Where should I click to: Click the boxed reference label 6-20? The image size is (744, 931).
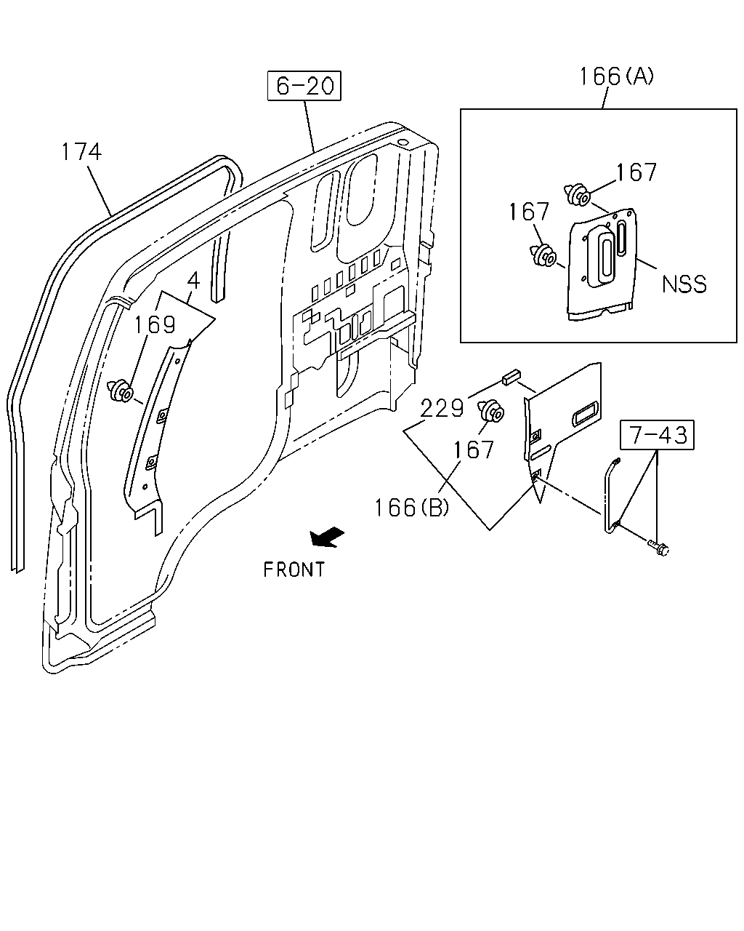(304, 86)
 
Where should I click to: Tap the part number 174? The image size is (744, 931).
(81, 152)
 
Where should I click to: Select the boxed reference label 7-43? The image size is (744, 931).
(657, 434)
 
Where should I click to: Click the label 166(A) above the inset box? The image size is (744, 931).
(616, 76)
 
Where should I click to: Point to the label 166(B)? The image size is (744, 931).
(411, 508)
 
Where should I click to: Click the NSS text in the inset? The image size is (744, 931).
(684, 284)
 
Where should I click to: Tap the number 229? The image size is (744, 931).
(442, 408)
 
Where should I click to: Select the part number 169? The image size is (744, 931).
(154, 324)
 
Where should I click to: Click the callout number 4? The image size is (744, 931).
(194, 281)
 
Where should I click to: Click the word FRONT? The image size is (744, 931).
(294, 570)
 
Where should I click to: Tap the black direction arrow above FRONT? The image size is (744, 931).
(327, 538)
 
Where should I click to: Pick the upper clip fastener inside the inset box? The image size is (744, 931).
(578, 194)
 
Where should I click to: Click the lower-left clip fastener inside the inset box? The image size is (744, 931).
(543, 255)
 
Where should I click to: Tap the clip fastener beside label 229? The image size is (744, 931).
(490, 411)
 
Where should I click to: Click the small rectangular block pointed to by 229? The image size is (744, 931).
(511, 377)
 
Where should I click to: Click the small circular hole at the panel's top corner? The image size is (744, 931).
(402, 142)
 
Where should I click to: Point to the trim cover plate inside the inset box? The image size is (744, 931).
(602, 265)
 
